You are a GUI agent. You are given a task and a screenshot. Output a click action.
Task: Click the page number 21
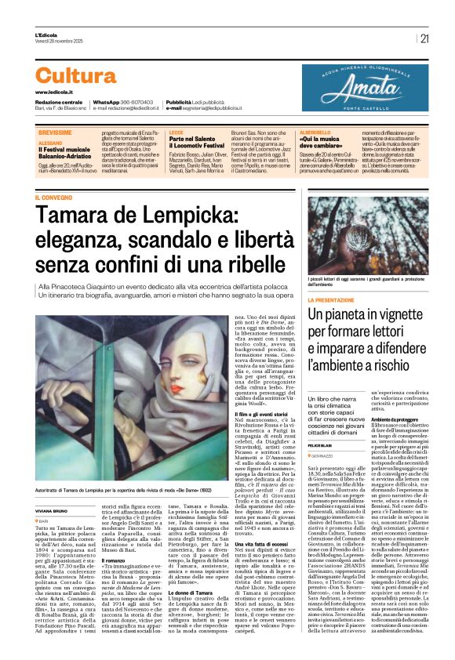coord(424,38)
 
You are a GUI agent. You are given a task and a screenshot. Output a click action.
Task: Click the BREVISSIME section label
coord(54,133)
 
